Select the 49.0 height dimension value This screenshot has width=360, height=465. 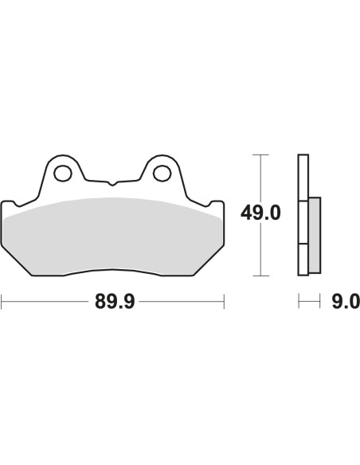click(261, 213)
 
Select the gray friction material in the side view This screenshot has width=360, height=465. click(314, 233)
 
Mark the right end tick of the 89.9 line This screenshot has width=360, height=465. click(225, 302)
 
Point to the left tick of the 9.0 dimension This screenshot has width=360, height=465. click(299, 302)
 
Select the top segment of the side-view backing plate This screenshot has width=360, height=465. click(303, 178)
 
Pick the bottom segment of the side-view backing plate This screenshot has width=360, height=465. click(303, 259)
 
